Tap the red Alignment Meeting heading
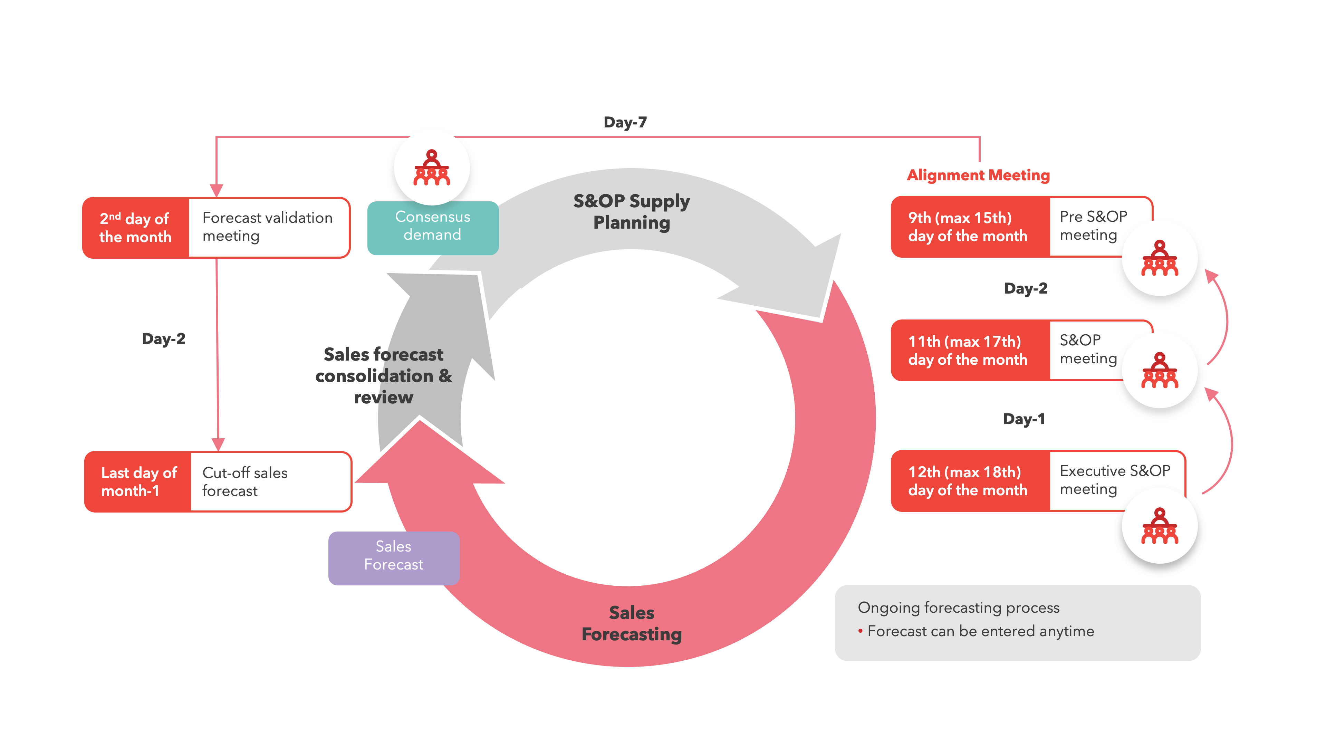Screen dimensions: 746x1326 click(x=978, y=175)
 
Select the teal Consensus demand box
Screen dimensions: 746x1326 click(x=432, y=227)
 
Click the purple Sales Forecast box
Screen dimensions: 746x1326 click(x=393, y=556)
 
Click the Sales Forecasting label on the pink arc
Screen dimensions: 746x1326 click(x=631, y=623)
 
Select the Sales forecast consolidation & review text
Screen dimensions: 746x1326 click(x=384, y=376)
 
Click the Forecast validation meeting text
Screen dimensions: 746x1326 click(x=267, y=227)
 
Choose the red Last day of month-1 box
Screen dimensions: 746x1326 click(x=138, y=481)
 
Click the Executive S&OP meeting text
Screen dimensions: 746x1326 click(x=1114, y=480)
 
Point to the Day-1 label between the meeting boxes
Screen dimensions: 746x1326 click(x=1023, y=419)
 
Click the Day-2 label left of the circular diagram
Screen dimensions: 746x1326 click(x=163, y=339)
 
